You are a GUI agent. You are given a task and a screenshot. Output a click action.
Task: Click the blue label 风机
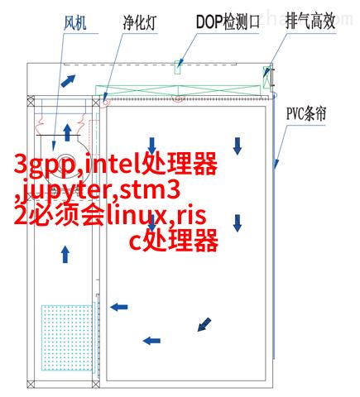[74, 22]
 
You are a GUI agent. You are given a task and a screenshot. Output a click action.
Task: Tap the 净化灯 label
[139, 22]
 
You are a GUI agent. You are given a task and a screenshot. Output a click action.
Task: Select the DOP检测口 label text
[228, 22]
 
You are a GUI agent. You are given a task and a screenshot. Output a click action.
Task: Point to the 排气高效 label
[310, 21]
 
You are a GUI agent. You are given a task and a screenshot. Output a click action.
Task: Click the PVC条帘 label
[306, 113]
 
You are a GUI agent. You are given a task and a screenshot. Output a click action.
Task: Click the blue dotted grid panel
[67, 337]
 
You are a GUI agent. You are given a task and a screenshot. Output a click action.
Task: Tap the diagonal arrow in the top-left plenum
[68, 81]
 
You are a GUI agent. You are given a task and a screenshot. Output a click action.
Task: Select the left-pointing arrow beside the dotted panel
[119, 307]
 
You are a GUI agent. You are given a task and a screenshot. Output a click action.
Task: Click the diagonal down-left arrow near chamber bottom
[204, 324]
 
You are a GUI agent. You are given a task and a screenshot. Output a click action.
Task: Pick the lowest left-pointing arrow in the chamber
[151, 341]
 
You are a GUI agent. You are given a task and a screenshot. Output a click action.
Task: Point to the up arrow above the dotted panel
[65, 255]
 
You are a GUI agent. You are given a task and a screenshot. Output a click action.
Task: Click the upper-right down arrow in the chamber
[238, 146]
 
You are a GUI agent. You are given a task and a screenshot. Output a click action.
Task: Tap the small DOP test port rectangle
[178, 67]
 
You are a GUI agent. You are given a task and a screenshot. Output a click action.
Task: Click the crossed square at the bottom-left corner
[31, 384]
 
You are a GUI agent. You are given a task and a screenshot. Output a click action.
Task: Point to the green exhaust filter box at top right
[266, 77]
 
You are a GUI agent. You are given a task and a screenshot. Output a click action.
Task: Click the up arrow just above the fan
[67, 132]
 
